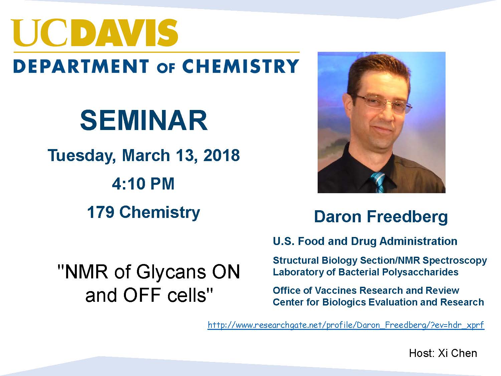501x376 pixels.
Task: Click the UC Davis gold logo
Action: click(94, 33)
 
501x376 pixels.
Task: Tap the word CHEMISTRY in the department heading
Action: click(240, 66)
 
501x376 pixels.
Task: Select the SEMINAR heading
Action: click(144, 121)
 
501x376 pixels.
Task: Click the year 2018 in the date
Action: click(221, 155)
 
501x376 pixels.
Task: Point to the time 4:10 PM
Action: click(143, 183)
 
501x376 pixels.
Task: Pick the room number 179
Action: click(101, 212)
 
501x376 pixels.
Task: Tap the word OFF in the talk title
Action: click(142, 295)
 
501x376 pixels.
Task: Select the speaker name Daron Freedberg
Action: click(381, 217)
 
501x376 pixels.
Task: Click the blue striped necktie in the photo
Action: click(378, 182)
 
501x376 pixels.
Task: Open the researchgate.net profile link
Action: click(346, 325)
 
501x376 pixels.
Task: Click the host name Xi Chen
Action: click(457, 353)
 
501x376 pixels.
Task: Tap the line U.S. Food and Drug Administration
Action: click(365, 241)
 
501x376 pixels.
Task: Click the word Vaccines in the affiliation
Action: click(335, 291)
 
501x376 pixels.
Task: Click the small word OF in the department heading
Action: click(166, 68)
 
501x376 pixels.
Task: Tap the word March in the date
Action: click(146, 155)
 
